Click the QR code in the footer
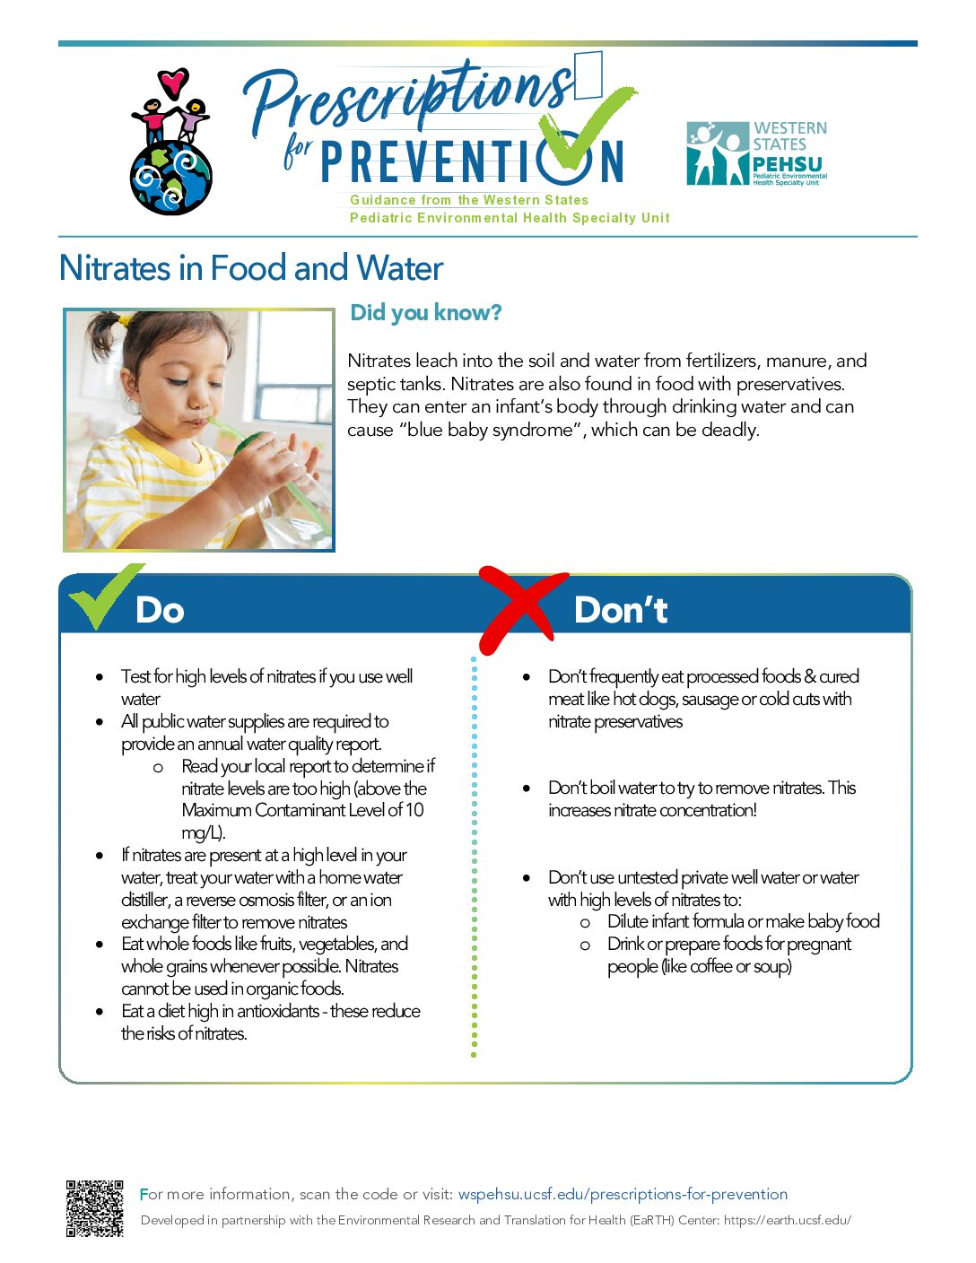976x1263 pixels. point(94,1208)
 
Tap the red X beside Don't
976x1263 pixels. point(521,610)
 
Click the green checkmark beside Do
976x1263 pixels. point(105,596)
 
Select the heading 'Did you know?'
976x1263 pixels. point(425,313)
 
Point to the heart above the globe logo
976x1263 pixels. point(173,83)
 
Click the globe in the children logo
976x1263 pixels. point(171,177)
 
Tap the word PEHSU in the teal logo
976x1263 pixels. point(787,164)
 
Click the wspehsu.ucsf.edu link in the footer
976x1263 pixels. point(623,1195)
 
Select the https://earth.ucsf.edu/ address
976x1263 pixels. point(787,1220)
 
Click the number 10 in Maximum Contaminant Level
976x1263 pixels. point(414,810)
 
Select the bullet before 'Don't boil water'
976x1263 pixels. point(526,788)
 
